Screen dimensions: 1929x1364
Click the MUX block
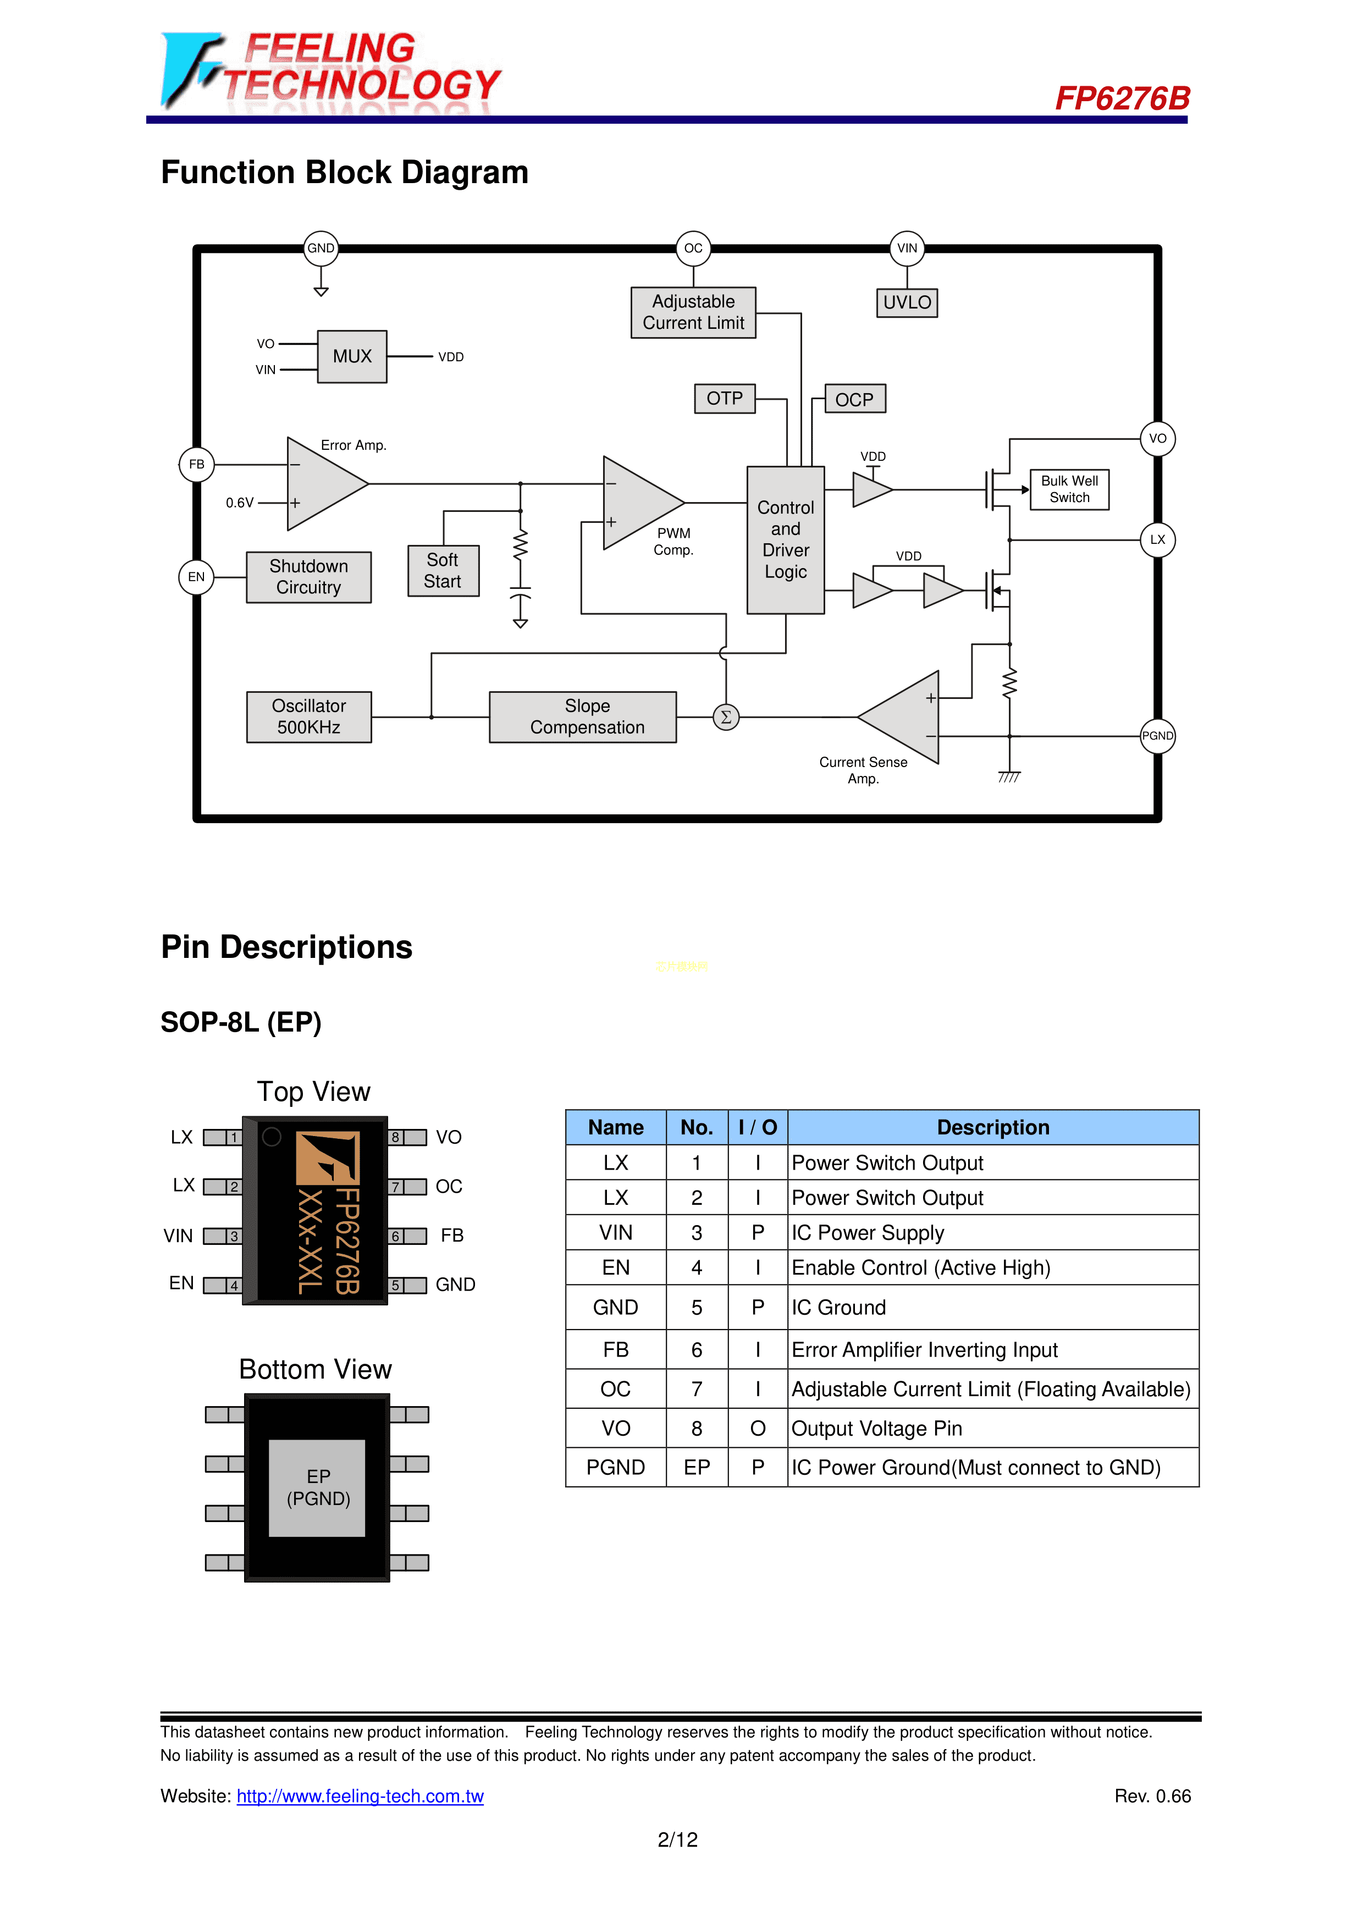352,356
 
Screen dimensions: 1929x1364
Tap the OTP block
724,398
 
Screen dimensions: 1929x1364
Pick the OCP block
854,399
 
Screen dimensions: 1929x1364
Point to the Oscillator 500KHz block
308,717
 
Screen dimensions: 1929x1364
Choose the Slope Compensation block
583,717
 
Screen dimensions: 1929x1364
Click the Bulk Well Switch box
1069,489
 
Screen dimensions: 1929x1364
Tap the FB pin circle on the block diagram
196,465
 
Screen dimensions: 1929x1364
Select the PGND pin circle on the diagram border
1157,736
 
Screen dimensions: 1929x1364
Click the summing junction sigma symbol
726,718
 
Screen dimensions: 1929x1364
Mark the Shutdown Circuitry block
308,577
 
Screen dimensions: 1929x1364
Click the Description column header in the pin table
993,1127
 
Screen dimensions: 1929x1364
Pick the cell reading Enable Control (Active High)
920,1268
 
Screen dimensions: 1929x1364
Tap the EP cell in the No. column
696,1468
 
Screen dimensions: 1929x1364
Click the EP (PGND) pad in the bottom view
317,1488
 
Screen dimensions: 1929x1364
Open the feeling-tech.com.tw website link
360,1796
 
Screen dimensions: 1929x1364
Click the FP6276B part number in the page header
1122,98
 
